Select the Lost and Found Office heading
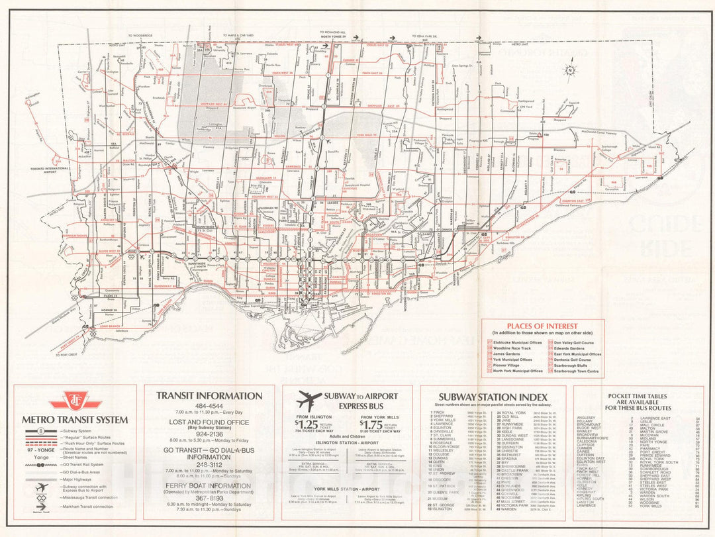point(209,421)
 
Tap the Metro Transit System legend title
point(74,419)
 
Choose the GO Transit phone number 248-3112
point(209,463)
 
